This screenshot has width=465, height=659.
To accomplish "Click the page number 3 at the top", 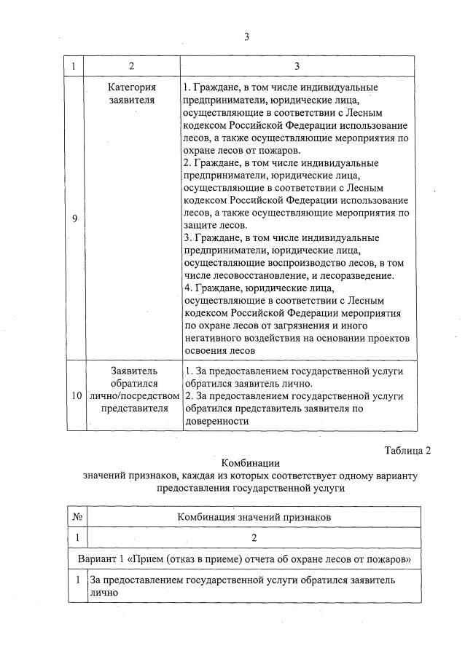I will (x=246, y=37).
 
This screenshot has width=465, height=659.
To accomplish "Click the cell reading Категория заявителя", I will (x=131, y=94).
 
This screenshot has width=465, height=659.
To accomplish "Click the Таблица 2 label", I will (x=407, y=451).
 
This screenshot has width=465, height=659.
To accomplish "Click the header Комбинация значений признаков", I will (x=254, y=516).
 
